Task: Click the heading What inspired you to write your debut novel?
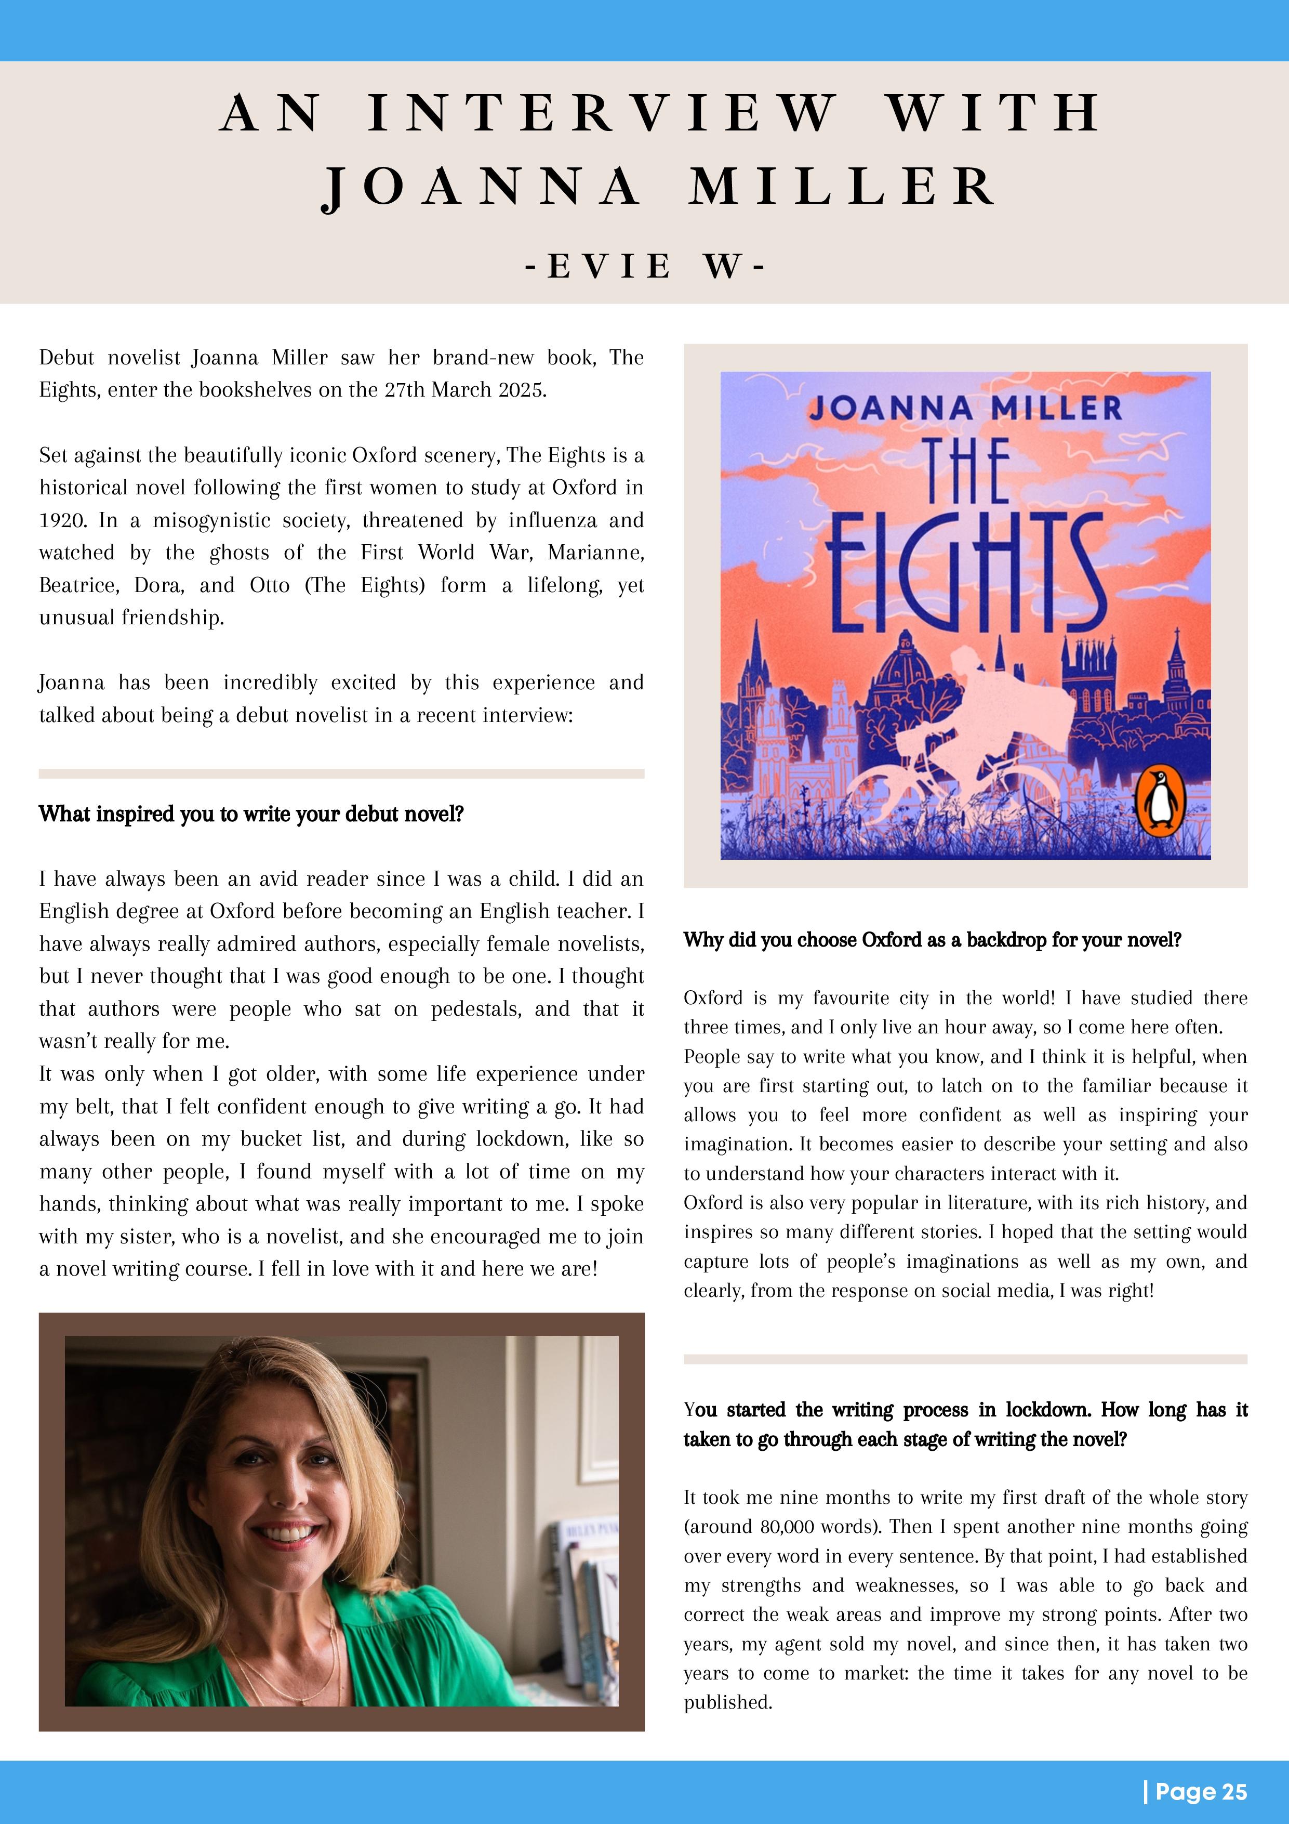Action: point(251,815)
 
